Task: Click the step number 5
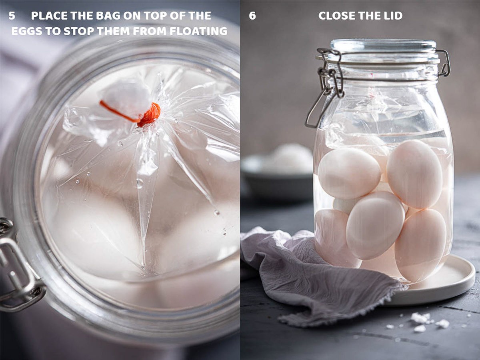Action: (x=12, y=16)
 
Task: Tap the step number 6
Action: (x=252, y=16)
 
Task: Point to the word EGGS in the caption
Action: (x=27, y=31)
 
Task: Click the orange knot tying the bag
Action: (x=149, y=115)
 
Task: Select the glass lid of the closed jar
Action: (x=383, y=51)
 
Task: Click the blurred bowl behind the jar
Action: (x=278, y=173)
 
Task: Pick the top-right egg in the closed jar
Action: (x=414, y=174)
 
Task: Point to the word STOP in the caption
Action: (x=77, y=31)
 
